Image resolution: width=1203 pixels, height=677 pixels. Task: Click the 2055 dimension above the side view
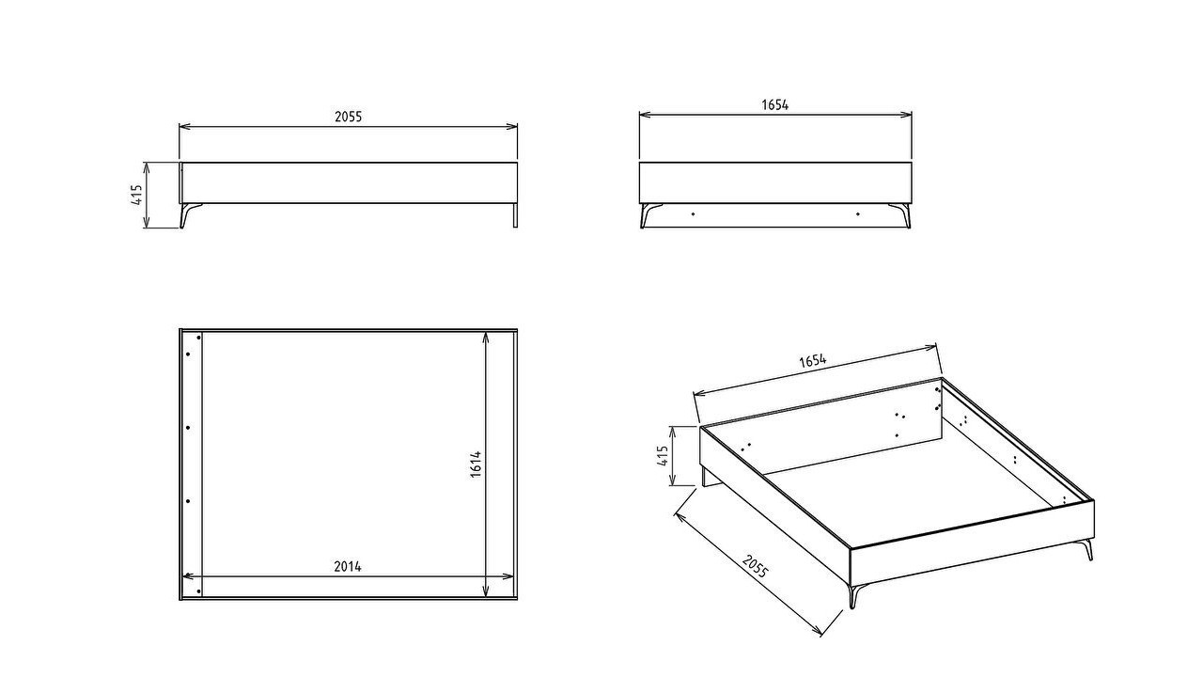coord(348,117)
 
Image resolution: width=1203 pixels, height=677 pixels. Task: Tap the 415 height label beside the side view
coord(136,195)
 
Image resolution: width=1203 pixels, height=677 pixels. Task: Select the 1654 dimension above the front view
coord(775,104)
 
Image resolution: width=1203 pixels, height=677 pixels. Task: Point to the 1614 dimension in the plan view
coord(476,464)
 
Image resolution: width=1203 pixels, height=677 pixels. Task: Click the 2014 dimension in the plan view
coord(348,566)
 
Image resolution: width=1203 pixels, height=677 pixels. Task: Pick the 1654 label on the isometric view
coord(813,360)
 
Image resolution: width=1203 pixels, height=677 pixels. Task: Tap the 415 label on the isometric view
coord(663,456)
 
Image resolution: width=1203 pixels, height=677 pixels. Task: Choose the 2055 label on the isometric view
coord(755,566)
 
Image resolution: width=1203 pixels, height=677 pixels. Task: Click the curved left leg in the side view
coord(188,215)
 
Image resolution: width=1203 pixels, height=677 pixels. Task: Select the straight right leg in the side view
coord(515,215)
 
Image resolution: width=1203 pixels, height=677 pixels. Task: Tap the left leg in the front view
coord(649,215)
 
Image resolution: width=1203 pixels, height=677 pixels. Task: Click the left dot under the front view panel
coord(693,213)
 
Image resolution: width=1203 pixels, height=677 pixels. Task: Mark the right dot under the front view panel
coord(858,213)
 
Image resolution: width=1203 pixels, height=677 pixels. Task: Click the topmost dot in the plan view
coord(198,338)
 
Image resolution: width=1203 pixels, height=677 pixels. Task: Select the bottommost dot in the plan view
coord(198,591)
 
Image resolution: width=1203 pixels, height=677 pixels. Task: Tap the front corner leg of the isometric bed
coord(853,595)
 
